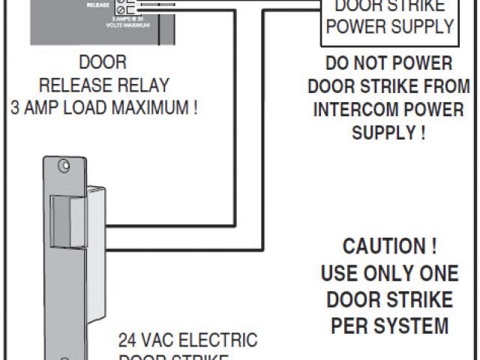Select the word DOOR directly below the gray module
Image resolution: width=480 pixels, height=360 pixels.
(102, 61)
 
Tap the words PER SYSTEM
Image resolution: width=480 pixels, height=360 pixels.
(388, 327)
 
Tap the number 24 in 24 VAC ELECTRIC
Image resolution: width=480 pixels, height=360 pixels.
(128, 341)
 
